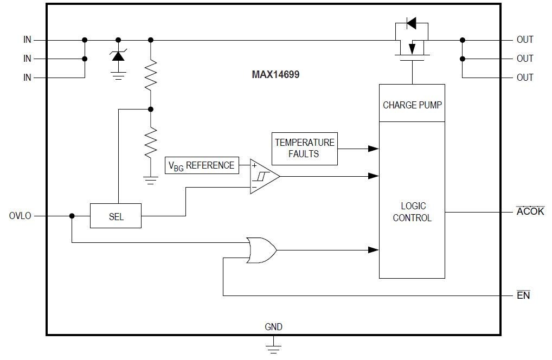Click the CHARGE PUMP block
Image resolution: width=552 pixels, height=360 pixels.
412,104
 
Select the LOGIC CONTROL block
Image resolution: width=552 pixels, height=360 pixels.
412,211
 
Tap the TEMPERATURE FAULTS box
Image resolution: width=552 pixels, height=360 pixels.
304,149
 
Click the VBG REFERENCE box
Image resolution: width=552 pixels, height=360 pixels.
202,165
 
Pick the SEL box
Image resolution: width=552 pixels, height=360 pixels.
115,216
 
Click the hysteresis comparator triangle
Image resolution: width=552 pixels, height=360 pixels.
263,176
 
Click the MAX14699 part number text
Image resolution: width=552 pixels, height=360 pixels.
275,75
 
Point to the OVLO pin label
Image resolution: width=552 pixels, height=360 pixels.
20,216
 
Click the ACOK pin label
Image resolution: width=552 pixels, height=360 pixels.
530,211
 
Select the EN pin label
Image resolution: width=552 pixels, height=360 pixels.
523,295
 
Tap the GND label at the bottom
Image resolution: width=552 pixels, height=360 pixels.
273,327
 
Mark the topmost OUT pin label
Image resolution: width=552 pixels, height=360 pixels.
524,40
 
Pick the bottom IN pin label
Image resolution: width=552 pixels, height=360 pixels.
27,78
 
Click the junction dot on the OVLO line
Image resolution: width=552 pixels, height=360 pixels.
72,216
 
